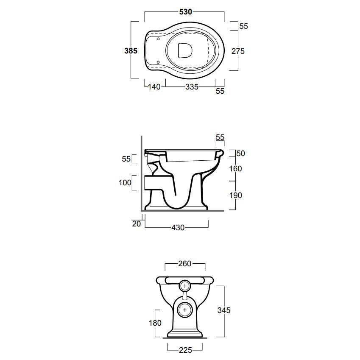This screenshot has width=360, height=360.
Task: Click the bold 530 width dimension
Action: [x=185, y=12]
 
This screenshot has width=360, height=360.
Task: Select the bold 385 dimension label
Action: [x=131, y=51]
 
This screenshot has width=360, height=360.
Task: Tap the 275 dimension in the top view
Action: [x=238, y=51]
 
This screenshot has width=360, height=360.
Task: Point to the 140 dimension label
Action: [x=154, y=87]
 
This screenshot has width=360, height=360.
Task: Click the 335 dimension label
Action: [x=192, y=87]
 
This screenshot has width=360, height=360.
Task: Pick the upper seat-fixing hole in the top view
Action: [x=158, y=39]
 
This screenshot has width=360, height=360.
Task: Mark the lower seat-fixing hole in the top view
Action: [x=158, y=62]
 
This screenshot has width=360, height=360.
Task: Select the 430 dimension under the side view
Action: [x=178, y=228]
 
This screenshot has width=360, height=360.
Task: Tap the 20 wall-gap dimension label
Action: [x=137, y=223]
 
